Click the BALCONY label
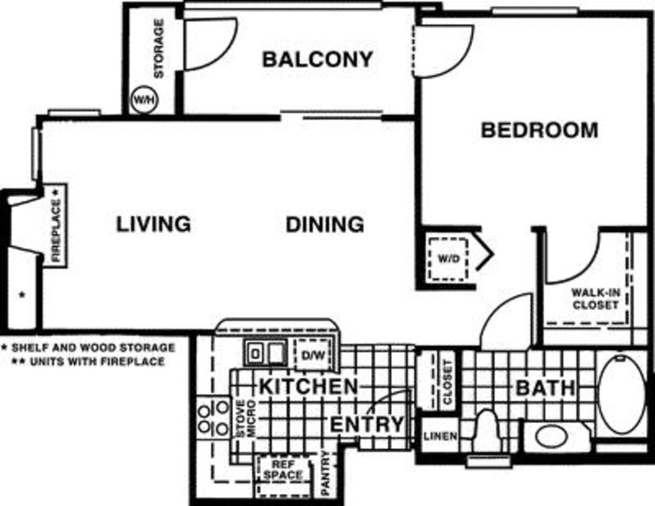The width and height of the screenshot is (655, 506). pyautogui.click(x=317, y=59)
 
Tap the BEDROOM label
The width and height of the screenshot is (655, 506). pyautogui.click(x=539, y=130)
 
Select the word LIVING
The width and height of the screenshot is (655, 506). pyautogui.click(x=153, y=224)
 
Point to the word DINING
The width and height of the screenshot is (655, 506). pyautogui.click(x=325, y=224)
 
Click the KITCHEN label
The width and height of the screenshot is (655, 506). pyautogui.click(x=309, y=386)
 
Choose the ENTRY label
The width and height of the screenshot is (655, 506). pyautogui.click(x=367, y=424)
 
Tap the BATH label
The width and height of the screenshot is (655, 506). pyautogui.click(x=545, y=388)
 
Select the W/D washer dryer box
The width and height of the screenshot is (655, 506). pyautogui.click(x=448, y=259)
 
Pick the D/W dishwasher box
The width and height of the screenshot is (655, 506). pyautogui.click(x=313, y=355)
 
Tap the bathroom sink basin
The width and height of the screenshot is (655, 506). pyautogui.click(x=551, y=436)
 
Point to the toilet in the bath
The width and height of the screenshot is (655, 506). pyautogui.click(x=486, y=431)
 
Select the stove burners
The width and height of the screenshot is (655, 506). pyautogui.click(x=213, y=417)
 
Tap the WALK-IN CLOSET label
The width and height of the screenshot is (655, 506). pyautogui.click(x=595, y=299)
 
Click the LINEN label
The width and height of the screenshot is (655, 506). pyautogui.click(x=441, y=436)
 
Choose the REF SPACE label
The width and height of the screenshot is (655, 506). pyautogui.click(x=283, y=470)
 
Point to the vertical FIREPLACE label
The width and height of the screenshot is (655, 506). pyautogui.click(x=55, y=226)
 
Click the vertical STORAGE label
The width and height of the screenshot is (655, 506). pyautogui.click(x=159, y=48)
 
